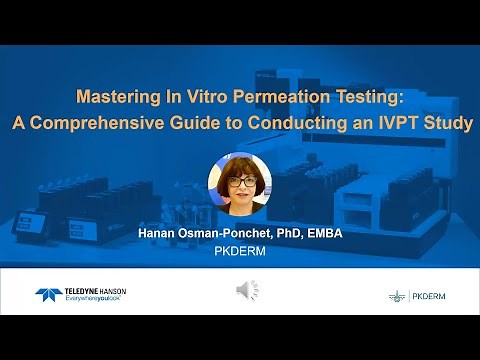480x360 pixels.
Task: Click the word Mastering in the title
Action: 119,100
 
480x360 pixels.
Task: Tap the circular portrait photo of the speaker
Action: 240,186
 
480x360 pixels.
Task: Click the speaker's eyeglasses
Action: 240,181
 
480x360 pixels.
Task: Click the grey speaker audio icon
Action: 246,290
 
